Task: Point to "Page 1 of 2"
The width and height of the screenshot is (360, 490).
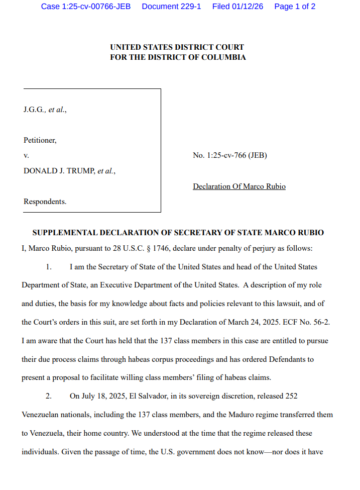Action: coord(295,7)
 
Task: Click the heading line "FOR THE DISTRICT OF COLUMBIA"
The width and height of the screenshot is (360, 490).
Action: coord(178,57)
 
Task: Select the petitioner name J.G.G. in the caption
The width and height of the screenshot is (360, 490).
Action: coord(34,110)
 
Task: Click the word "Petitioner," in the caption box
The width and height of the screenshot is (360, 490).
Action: coord(40,140)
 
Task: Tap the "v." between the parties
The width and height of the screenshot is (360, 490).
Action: coord(26,155)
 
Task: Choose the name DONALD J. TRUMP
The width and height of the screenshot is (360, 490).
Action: coord(59,171)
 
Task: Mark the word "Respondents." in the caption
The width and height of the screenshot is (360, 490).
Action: coord(45,202)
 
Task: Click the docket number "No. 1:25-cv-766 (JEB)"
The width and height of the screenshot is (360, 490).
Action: coord(230,155)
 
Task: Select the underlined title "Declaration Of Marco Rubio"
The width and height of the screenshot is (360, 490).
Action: coord(239,186)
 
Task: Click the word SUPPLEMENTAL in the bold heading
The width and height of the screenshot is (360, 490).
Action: coord(65,233)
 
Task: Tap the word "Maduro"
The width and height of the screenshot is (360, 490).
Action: coord(214,415)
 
